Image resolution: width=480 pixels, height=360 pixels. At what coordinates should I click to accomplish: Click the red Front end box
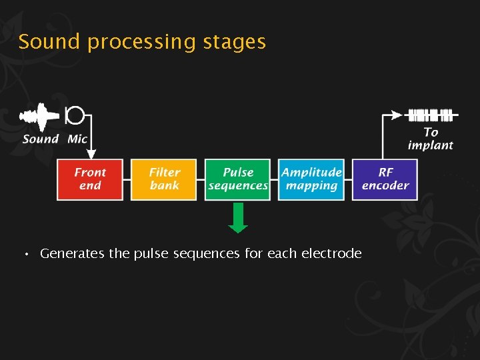point(90,179)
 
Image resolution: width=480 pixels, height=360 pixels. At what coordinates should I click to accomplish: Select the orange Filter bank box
point(164,179)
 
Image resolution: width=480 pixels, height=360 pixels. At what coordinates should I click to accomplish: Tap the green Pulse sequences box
point(238,179)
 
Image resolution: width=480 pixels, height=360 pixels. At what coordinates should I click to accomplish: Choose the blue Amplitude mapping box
point(311,179)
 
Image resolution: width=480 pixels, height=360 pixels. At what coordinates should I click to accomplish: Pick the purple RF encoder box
point(385,179)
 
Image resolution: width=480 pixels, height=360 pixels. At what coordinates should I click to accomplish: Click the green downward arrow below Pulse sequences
point(238,218)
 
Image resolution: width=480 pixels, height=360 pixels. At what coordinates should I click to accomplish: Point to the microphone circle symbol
point(75,115)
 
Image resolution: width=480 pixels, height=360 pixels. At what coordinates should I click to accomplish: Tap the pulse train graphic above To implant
point(430,115)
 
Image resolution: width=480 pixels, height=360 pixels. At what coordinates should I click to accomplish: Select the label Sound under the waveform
point(41,139)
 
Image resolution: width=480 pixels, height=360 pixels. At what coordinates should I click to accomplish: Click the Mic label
point(77,139)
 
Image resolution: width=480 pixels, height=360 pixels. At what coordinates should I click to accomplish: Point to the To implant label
point(431,139)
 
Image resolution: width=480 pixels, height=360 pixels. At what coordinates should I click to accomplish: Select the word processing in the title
point(141,43)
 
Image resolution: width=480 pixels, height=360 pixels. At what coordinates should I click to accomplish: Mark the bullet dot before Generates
point(25,255)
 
